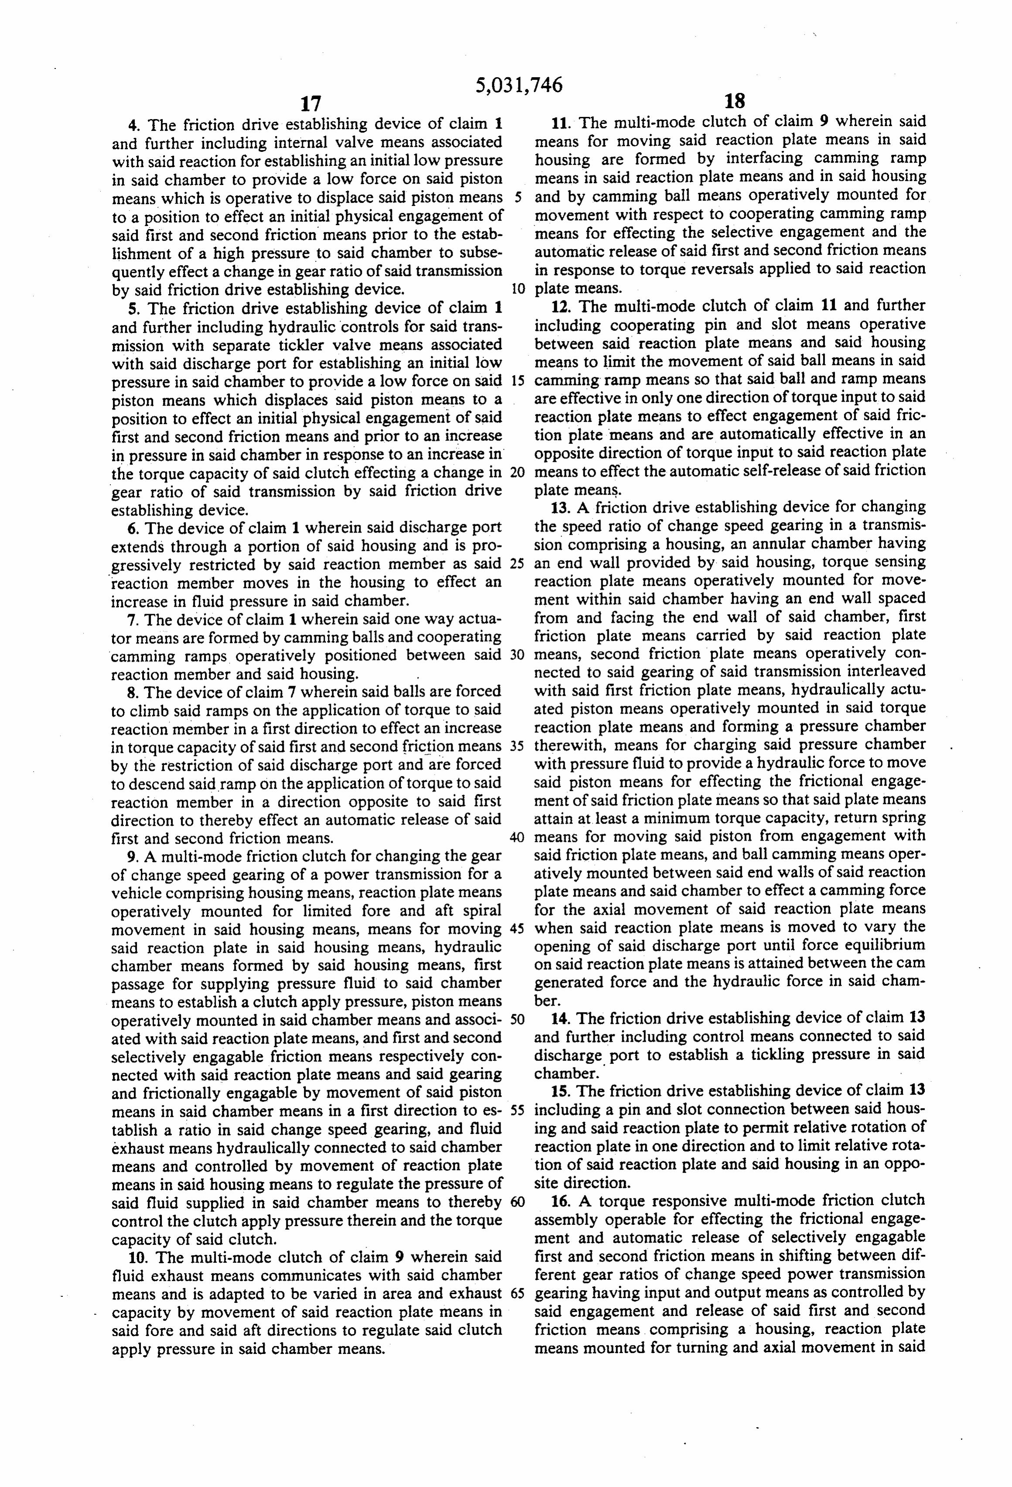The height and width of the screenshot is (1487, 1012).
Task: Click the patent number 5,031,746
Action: pyautogui.click(x=519, y=85)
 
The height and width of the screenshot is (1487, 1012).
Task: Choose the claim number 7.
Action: pyautogui.click(x=133, y=620)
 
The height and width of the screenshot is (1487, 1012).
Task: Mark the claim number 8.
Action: pyautogui.click(x=133, y=692)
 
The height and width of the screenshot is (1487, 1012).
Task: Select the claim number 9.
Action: pyautogui.click(x=133, y=857)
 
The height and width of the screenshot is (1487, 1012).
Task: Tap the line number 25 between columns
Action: pyautogui.click(x=518, y=565)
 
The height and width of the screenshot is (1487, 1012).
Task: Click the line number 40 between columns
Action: pyautogui.click(x=518, y=838)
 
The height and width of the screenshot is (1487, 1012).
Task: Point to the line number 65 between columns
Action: pyautogui.click(x=518, y=1294)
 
